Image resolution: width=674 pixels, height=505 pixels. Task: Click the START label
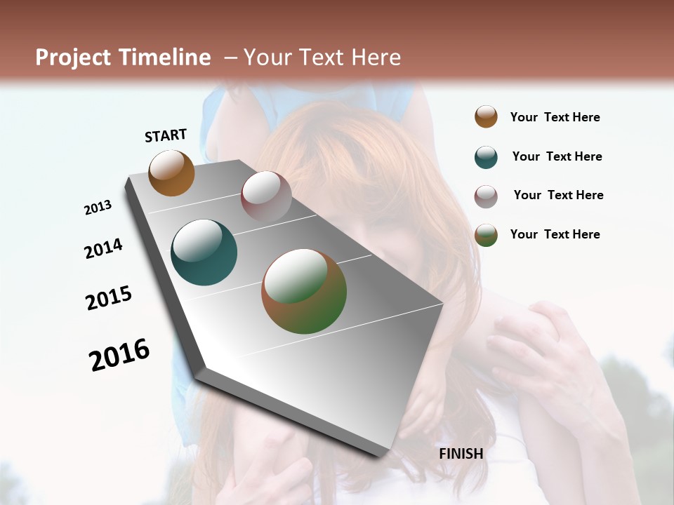click(166, 135)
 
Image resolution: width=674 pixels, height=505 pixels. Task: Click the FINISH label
click(461, 454)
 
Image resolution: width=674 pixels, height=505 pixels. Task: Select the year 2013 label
click(98, 208)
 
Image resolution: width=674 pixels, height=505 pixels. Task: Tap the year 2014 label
click(103, 248)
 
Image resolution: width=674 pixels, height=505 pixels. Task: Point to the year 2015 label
click(109, 298)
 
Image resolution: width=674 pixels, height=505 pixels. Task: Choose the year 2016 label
click(119, 355)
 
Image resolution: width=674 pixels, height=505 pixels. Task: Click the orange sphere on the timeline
click(171, 173)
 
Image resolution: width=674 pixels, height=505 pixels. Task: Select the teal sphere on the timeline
click(204, 252)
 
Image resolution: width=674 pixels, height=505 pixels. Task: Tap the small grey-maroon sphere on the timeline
click(266, 196)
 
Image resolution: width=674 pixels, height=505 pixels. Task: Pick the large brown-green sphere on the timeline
click(304, 291)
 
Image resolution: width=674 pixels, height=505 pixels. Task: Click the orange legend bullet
click(486, 116)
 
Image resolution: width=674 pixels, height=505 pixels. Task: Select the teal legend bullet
click(486, 157)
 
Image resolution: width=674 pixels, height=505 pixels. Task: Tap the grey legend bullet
click(486, 196)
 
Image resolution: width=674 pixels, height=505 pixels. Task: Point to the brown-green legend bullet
click(486, 235)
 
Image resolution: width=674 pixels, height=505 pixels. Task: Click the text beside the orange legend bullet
click(555, 118)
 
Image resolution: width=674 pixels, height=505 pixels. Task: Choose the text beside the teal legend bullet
click(557, 156)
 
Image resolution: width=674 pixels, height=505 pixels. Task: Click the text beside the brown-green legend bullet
click(555, 234)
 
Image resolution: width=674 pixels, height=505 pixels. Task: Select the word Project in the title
click(73, 58)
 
